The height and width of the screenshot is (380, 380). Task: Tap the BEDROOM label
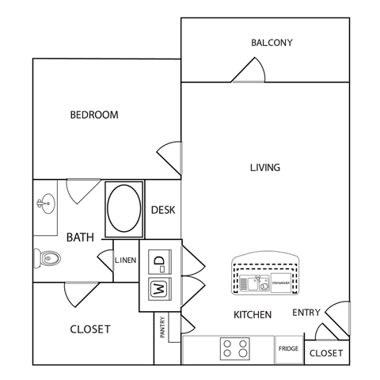coord(94,115)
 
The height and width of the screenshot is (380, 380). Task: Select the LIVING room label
coord(265,168)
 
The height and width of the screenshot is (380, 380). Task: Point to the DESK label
coord(162,211)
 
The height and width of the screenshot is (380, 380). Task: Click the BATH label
coord(80,237)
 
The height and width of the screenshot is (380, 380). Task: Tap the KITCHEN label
coord(253,314)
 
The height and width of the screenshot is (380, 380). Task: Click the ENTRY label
coord(306,313)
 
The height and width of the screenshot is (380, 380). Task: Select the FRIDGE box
coord(288,348)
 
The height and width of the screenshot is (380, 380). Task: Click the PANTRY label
coord(162,328)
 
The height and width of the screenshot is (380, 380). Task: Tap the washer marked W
coord(158,288)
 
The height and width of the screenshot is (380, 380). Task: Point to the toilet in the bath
coord(49,256)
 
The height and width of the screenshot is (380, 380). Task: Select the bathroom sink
coord(44,205)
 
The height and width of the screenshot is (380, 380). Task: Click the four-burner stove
coord(234,348)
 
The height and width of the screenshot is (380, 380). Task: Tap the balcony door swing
coord(249,72)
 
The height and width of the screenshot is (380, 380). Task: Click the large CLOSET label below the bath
coord(90,329)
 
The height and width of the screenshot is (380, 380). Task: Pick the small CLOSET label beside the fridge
coord(326,353)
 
